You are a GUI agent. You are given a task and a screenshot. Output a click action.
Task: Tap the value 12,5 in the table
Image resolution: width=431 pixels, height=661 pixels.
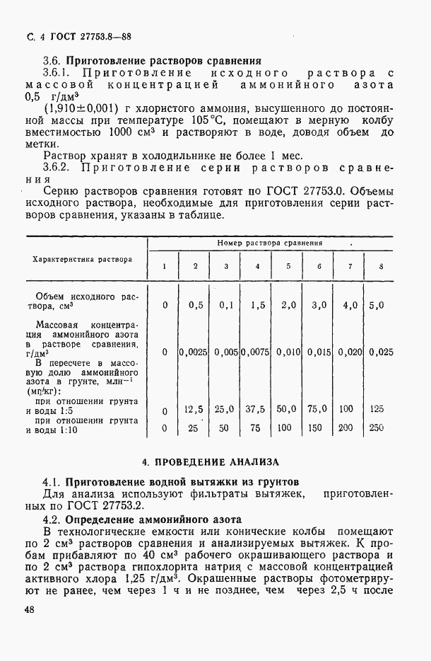click(194, 409)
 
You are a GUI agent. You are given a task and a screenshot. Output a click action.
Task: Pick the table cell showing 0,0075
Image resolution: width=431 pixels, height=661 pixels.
click(256, 352)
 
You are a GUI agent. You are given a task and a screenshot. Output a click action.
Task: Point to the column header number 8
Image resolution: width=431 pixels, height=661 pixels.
click(382, 266)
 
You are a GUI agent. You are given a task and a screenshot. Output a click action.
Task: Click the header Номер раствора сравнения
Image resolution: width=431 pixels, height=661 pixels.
click(270, 243)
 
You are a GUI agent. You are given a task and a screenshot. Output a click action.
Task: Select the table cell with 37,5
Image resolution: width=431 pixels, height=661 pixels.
click(256, 409)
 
